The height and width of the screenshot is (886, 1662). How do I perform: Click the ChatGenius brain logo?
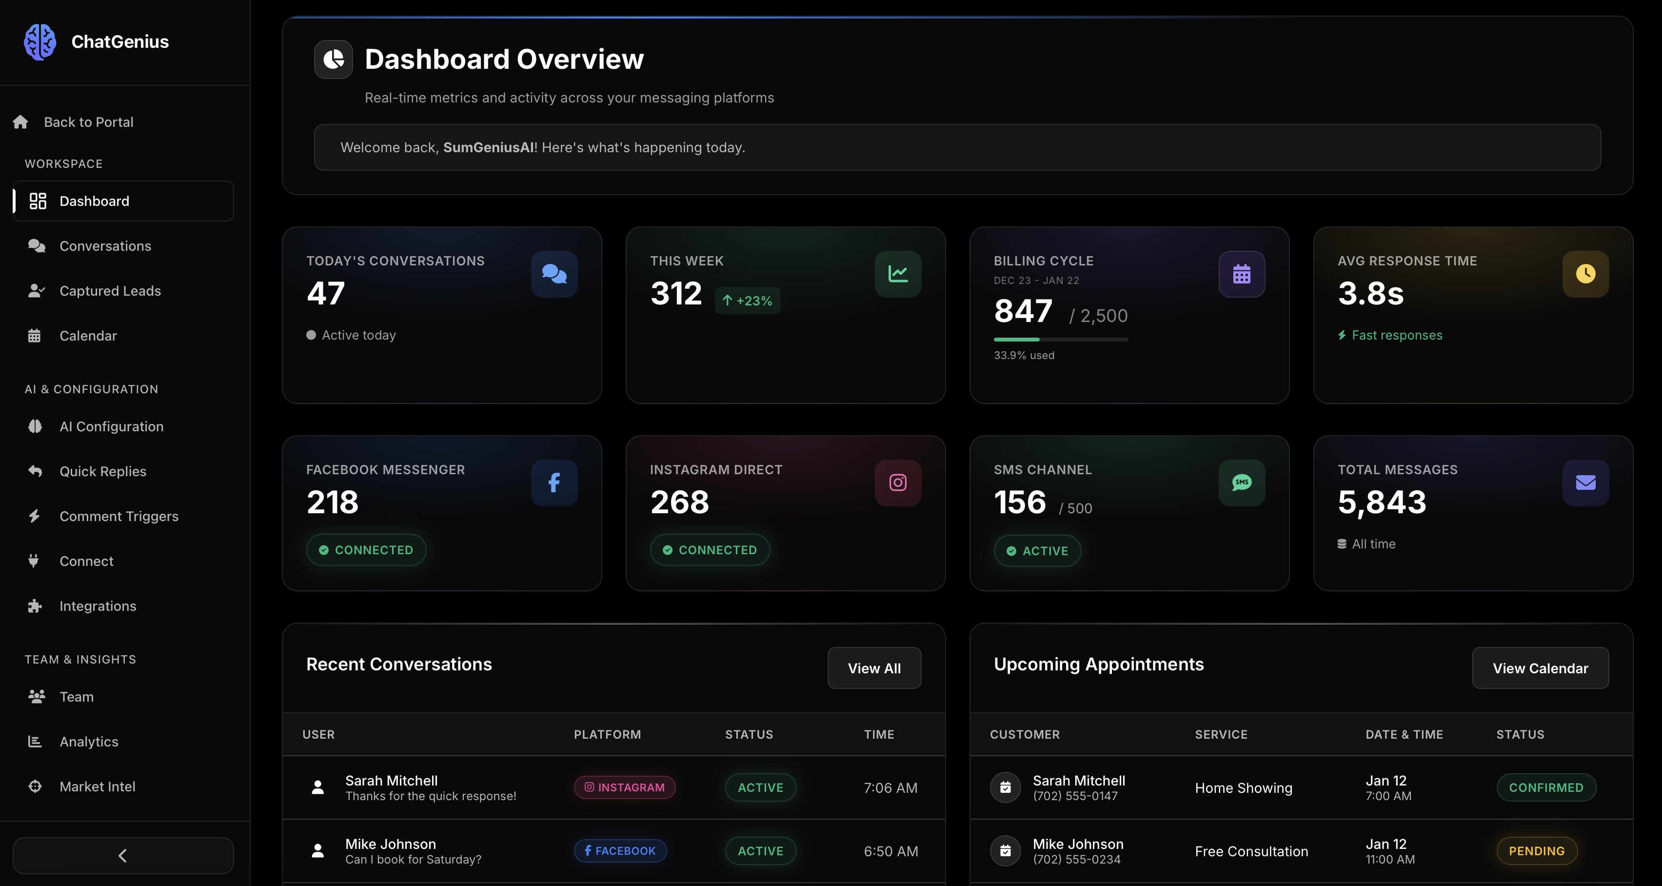(40, 42)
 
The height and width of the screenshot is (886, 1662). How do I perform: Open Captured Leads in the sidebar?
(110, 291)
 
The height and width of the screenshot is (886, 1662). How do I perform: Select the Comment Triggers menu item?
(119, 516)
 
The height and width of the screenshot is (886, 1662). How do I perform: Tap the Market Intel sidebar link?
(97, 786)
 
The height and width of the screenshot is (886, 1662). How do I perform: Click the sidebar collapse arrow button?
(122, 856)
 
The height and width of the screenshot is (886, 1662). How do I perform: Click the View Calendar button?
(1540, 668)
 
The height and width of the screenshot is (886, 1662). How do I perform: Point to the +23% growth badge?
(747, 301)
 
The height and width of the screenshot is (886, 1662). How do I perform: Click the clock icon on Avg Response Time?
(1585, 274)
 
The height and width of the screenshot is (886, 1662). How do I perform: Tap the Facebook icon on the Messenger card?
(554, 483)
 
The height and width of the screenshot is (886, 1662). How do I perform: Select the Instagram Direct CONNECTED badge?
(710, 550)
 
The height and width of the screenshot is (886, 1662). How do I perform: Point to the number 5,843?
(1382, 502)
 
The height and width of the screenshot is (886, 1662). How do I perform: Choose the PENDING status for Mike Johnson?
(1536, 851)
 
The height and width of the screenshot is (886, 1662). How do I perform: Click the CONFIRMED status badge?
(1546, 788)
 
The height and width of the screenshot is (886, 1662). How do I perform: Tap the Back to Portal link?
(88, 122)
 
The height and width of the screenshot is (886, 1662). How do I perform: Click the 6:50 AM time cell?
(890, 851)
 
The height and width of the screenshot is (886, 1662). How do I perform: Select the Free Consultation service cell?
(1251, 851)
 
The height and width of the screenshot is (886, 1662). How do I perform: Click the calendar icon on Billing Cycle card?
(1241, 274)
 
